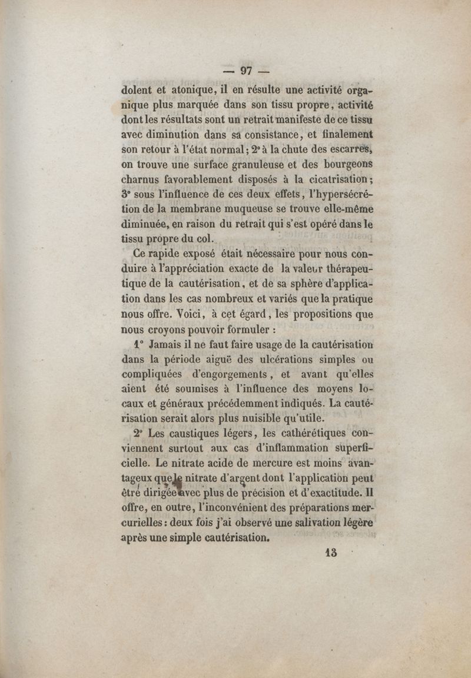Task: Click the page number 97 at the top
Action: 246,71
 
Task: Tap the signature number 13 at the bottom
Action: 330,553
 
